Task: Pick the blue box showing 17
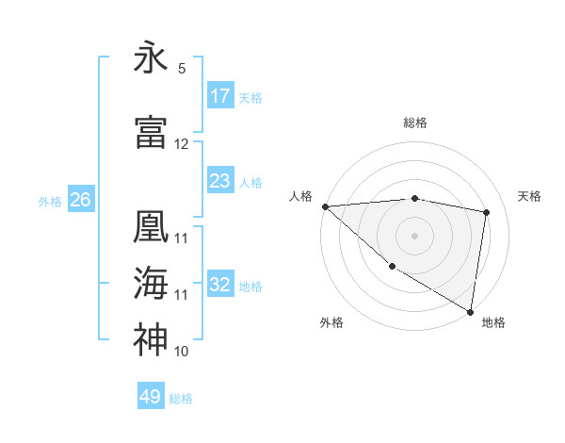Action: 220,96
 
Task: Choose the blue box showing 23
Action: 220,181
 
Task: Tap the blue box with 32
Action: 220,285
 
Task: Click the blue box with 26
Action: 80,200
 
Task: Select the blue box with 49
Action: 151,397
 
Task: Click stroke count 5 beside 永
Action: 182,69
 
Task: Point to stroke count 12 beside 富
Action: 182,144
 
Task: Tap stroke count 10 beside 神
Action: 182,352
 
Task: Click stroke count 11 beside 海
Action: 182,295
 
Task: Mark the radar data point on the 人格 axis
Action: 325,206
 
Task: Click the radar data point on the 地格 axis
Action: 470,311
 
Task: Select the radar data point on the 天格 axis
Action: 487,212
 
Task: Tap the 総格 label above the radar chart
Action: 415,123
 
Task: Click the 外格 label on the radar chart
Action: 331,323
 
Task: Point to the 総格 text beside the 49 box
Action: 181,399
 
